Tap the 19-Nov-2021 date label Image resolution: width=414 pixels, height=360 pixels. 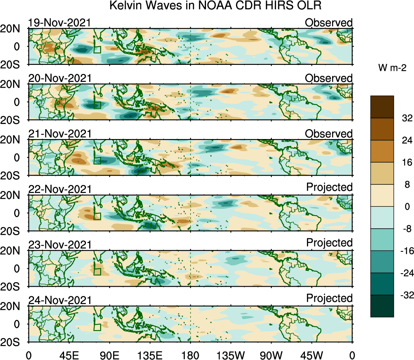(60, 23)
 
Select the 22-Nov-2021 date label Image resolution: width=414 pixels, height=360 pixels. (60, 189)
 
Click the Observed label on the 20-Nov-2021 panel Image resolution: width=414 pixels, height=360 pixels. (329, 78)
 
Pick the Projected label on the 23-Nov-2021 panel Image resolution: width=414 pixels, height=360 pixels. (329, 242)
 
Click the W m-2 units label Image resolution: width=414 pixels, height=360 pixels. (393, 69)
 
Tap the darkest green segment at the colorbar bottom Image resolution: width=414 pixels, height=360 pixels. (382, 306)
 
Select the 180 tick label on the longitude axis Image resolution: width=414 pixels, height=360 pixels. (191, 355)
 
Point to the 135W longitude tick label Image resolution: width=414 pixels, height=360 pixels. (231, 355)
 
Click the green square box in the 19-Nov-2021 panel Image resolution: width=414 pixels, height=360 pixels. (97, 49)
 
